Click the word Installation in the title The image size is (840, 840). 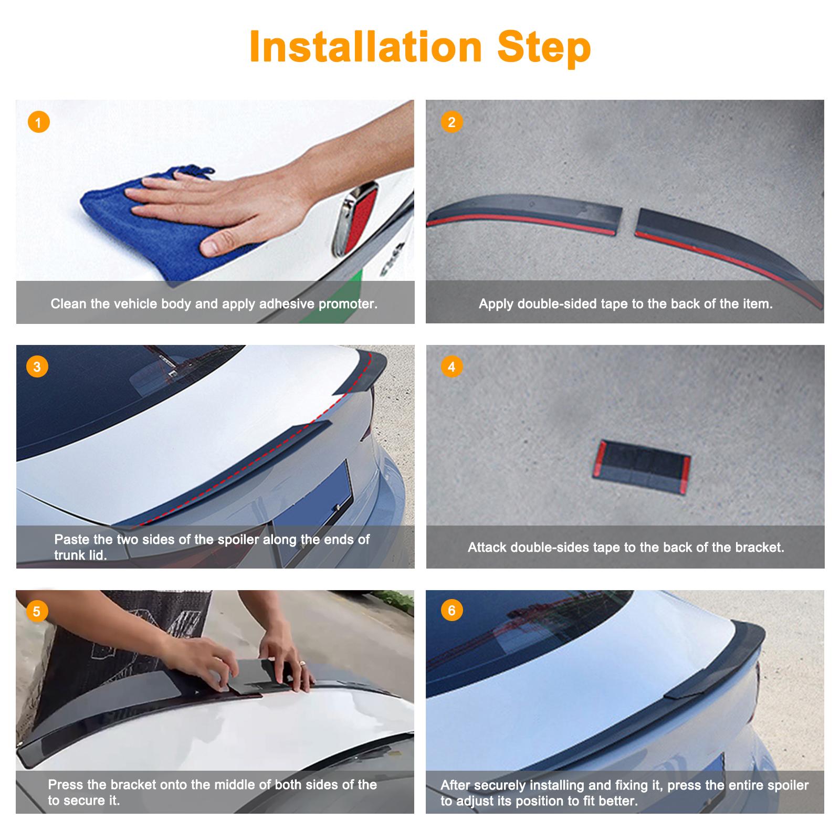[365, 47]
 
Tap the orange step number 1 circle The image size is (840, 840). [38, 123]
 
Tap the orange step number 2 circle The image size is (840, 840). [451, 122]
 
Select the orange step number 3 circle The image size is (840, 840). [37, 366]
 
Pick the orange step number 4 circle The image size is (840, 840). [451, 366]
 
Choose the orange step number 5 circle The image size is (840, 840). [37, 612]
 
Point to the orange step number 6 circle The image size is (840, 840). [451, 611]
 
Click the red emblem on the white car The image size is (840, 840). [357, 215]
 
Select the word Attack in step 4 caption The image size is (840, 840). [487, 548]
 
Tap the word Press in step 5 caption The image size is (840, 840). [66, 785]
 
